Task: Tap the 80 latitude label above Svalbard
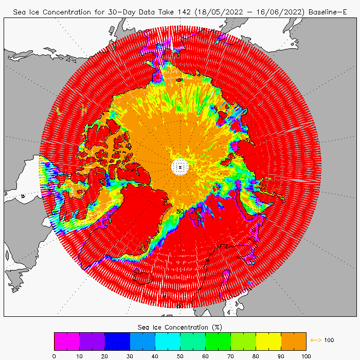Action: tap(180, 211)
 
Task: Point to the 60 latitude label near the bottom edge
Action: tap(179, 307)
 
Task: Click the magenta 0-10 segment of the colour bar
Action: tap(67, 341)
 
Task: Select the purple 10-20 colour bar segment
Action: tap(92, 341)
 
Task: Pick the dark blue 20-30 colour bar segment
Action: tap(117, 341)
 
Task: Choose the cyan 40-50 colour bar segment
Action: tap(168, 341)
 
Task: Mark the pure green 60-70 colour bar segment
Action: tap(218, 341)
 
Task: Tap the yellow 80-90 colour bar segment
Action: tap(268, 341)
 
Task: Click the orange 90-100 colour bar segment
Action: tap(294, 341)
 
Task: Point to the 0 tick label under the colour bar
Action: tap(54, 355)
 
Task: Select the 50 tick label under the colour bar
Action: tap(180, 355)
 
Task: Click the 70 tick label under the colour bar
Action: tap(230, 355)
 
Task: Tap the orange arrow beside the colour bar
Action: tap(314, 340)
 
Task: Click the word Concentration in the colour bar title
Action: tap(186, 327)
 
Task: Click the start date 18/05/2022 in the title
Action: tap(201, 11)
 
